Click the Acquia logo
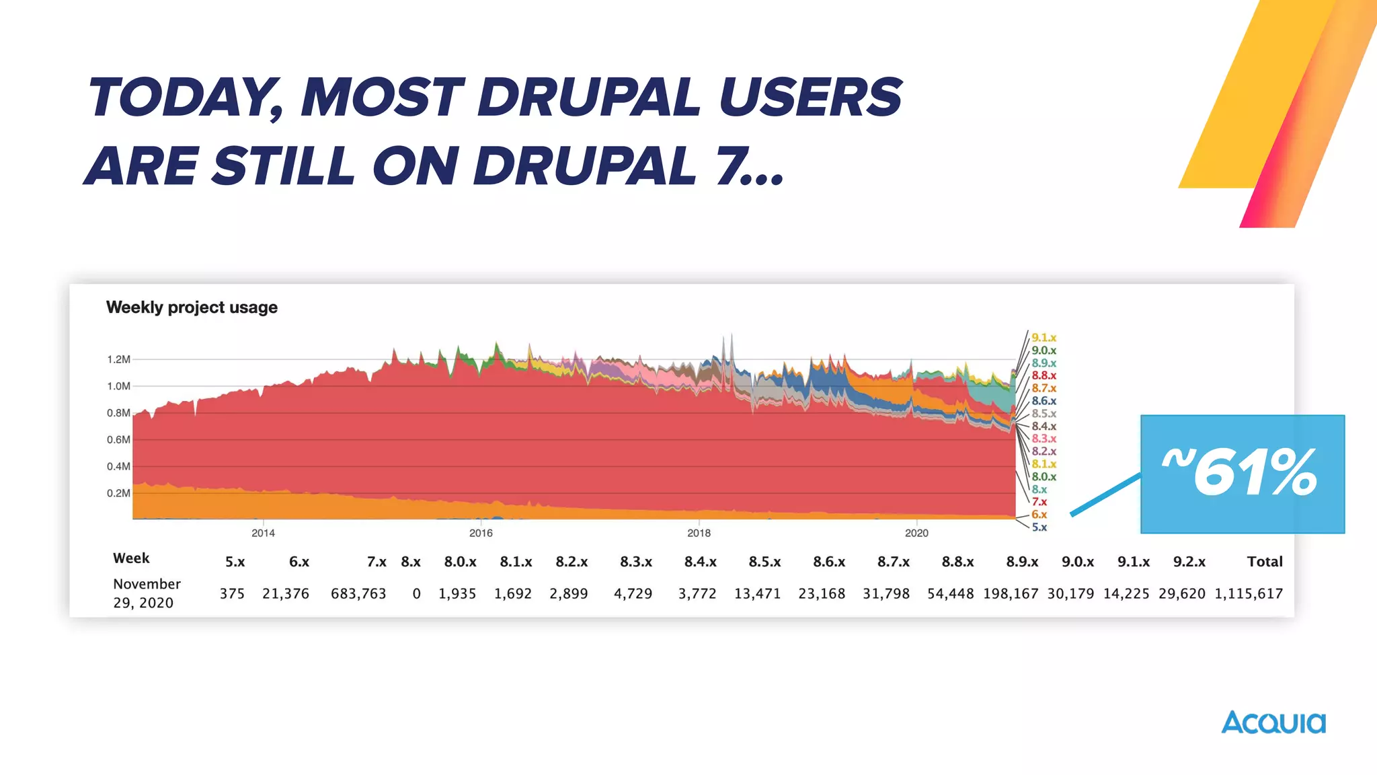click(x=1273, y=723)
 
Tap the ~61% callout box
click(x=1242, y=474)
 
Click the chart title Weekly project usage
click(x=192, y=307)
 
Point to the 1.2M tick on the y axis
click(x=118, y=359)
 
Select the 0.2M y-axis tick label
click(x=118, y=493)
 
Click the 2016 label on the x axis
click(x=481, y=533)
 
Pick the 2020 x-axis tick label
click(x=916, y=533)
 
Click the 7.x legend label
click(x=1039, y=502)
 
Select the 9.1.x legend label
click(x=1044, y=338)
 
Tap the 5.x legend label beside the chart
click(x=1039, y=527)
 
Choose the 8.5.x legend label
click(x=1044, y=414)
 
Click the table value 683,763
click(x=358, y=593)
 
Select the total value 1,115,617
click(x=1249, y=593)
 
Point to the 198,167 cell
click(x=1011, y=593)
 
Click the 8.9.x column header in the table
click(x=1022, y=562)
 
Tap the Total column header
click(x=1265, y=562)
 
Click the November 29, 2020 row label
click(x=147, y=593)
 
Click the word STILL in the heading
click(x=283, y=166)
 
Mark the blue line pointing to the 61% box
click(x=1105, y=495)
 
